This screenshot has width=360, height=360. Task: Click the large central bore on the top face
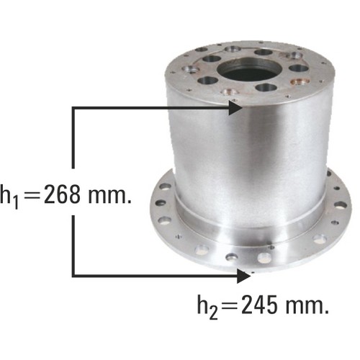pos(249,70)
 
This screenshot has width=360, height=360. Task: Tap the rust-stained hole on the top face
pos(300,81)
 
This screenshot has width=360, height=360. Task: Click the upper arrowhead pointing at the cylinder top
pos(235,108)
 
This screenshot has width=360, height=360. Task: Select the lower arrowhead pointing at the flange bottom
pos(243,276)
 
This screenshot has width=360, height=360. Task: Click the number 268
pos(62,194)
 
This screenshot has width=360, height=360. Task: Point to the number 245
pos(260,305)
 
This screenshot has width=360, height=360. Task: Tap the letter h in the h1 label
pos(6,194)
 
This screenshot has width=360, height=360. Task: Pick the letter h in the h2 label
pos(203,304)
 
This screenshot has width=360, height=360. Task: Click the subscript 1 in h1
pos(15,203)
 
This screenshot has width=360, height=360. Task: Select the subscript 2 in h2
pos(214,313)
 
